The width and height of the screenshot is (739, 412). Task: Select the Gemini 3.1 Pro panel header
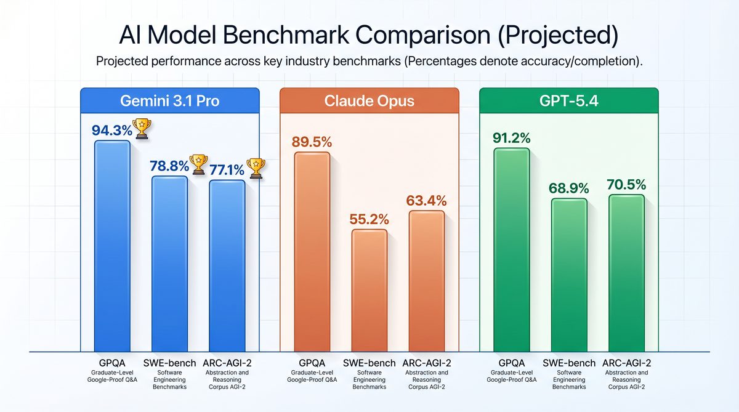click(x=169, y=100)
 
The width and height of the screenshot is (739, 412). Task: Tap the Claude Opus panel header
click(x=369, y=100)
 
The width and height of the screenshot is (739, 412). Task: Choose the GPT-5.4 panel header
click(x=568, y=100)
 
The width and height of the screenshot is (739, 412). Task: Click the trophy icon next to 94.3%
click(x=142, y=128)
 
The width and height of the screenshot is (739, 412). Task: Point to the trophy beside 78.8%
click(x=199, y=163)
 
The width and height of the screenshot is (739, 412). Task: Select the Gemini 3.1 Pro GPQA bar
click(x=112, y=246)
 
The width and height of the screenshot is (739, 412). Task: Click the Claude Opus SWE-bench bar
click(x=369, y=290)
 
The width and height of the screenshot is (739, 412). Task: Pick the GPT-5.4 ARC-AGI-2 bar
click(x=626, y=273)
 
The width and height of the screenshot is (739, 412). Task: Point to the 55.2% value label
click(x=369, y=218)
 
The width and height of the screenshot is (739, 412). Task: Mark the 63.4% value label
click(x=426, y=200)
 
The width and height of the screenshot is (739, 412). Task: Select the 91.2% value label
click(x=512, y=137)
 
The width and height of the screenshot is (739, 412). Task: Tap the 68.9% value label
click(x=568, y=188)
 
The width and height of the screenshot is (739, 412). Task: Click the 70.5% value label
click(x=626, y=184)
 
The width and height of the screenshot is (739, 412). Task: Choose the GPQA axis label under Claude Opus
click(x=312, y=363)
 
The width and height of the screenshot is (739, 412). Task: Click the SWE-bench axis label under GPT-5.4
click(x=569, y=363)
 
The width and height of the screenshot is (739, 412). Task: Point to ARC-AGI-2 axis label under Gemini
click(x=227, y=363)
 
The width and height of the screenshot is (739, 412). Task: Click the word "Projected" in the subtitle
click(x=123, y=62)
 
